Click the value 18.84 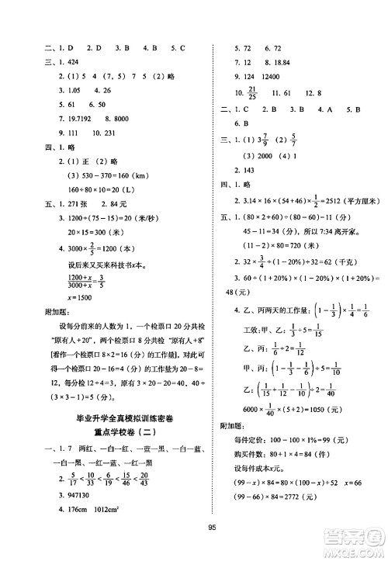[277, 64]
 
